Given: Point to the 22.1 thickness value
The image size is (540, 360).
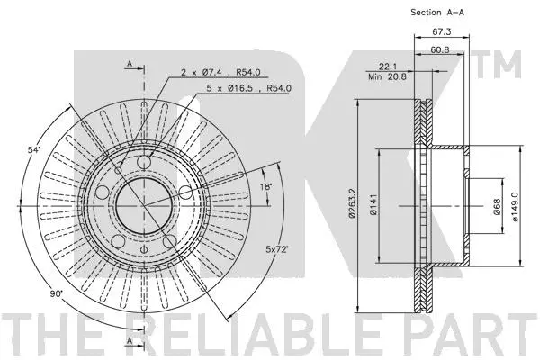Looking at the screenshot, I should point(390,67).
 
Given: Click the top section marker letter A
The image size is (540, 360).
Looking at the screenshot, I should point(130,63).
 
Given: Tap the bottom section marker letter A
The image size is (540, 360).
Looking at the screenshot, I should point(130,343).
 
